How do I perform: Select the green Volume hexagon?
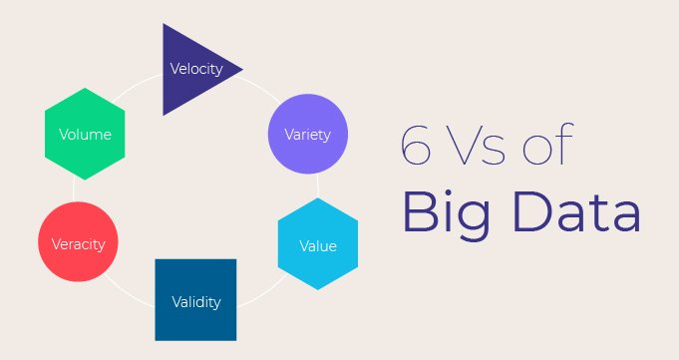pos(85,133)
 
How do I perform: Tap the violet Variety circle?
pos(308,134)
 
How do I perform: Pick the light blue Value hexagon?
pos(317,245)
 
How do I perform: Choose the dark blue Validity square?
pos(195,299)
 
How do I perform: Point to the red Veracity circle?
pos(78,243)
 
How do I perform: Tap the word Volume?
pos(85,134)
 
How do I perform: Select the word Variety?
pos(308,134)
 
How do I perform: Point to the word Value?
pos(318,246)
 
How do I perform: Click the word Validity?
pos(195,301)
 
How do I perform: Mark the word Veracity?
pos(78,243)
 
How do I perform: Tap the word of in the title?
pos(555,148)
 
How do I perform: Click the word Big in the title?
pos(446,215)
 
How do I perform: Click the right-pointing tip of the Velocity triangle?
pos(241,69)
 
